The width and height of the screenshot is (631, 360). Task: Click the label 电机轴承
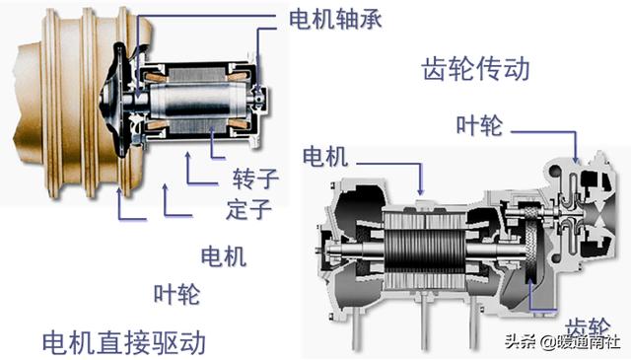(334, 20)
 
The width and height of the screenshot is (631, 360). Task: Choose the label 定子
(248, 209)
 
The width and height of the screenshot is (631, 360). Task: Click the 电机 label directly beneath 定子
(223, 256)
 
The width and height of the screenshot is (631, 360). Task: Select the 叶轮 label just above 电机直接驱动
(176, 294)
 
